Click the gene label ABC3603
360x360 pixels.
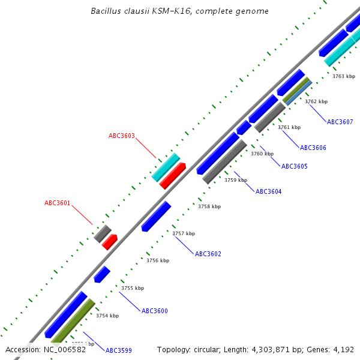click(x=122, y=136)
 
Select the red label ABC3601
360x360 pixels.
click(x=58, y=203)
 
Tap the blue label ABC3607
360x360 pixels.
click(x=340, y=122)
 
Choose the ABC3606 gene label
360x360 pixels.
click(x=313, y=148)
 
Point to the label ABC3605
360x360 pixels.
click(x=295, y=166)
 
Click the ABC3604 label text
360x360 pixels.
click(x=269, y=191)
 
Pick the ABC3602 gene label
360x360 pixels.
click(x=208, y=254)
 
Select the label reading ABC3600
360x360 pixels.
click(x=155, y=311)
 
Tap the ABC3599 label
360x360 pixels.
click(x=119, y=350)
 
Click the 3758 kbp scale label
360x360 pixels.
click(x=209, y=206)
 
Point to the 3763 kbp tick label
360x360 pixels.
click(x=344, y=76)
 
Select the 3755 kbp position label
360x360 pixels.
click(x=133, y=288)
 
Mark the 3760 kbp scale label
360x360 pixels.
click(x=262, y=154)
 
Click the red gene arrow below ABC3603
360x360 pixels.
click(x=173, y=175)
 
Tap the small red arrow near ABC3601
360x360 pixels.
click(x=109, y=242)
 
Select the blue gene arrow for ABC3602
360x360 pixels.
click(x=156, y=217)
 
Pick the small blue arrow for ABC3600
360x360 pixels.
click(x=102, y=274)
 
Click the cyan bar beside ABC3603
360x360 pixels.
click(x=166, y=167)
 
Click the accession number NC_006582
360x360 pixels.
click(x=65, y=349)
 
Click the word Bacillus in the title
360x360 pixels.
click(x=106, y=11)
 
